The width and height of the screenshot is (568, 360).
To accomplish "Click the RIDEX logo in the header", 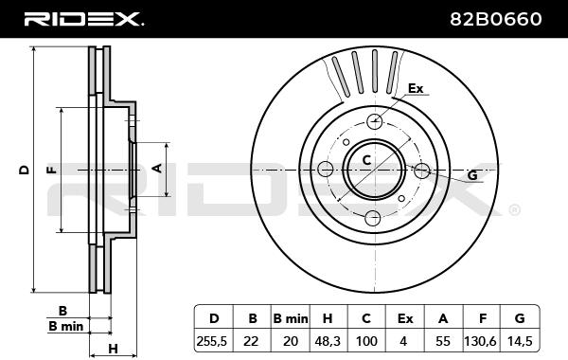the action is pyautogui.click(x=84, y=19).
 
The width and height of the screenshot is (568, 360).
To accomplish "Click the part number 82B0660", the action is pyautogui.click(x=496, y=19).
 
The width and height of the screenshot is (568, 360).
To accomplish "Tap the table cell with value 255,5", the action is pyautogui.click(x=211, y=341).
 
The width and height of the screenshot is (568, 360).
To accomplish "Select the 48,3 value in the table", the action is pyautogui.click(x=328, y=341).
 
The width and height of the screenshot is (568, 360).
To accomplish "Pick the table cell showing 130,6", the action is pyautogui.click(x=480, y=341).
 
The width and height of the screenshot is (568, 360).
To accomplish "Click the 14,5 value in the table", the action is pyautogui.click(x=519, y=341).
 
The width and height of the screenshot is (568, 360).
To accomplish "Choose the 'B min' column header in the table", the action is pyautogui.click(x=291, y=318).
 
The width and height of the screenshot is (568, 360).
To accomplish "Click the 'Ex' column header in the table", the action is pyautogui.click(x=405, y=318).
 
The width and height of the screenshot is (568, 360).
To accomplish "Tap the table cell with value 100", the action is pyautogui.click(x=365, y=341).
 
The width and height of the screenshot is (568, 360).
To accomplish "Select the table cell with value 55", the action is pyautogui.click(x=443, y=341).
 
